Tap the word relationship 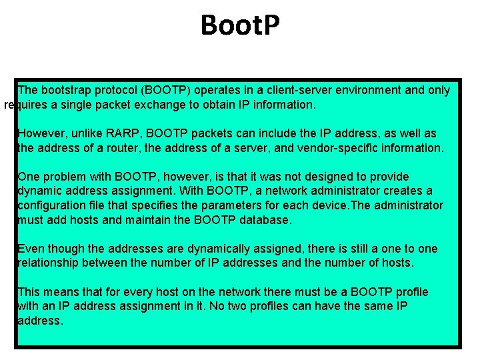click(51, 263)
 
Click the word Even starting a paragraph click(31, 249)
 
